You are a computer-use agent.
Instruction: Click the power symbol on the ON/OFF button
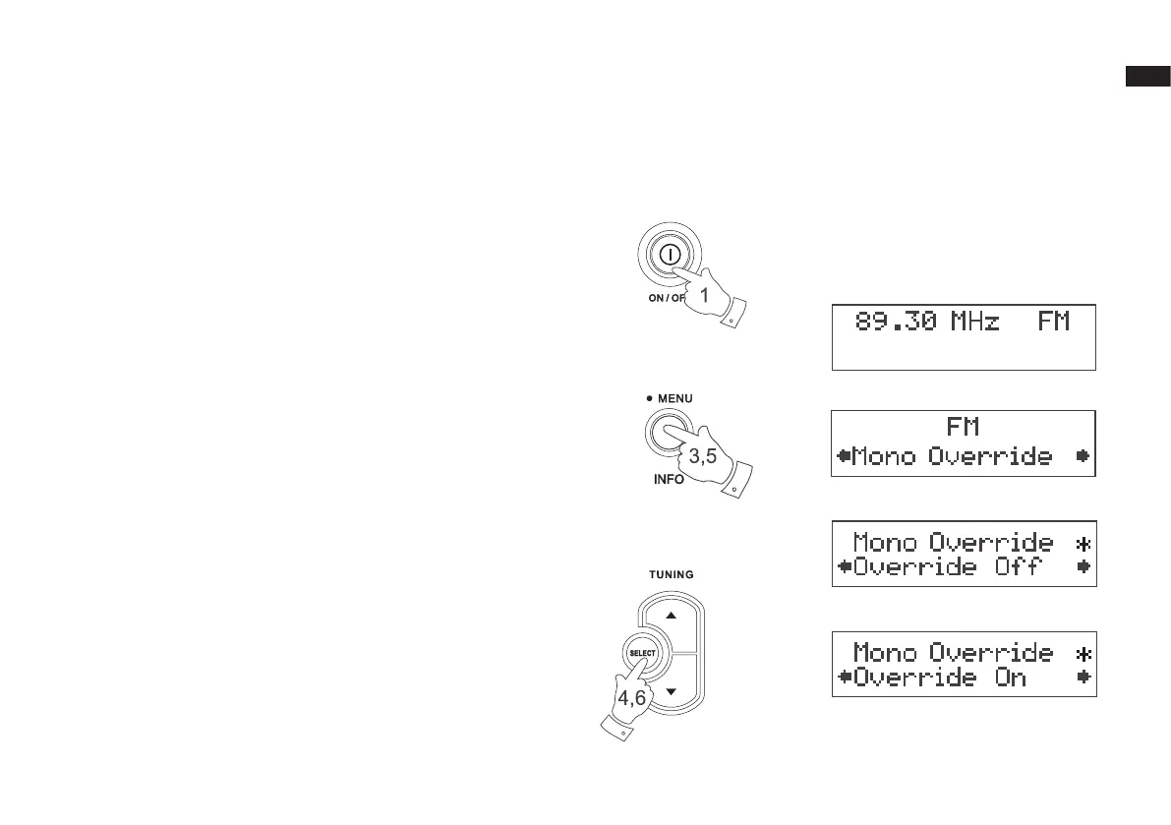tap(669, 254)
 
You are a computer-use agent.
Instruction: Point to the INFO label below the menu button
tap(669, 481)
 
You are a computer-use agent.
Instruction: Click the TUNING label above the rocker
tap(670, 574)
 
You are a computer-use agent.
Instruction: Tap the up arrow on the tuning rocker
tap(672, 615)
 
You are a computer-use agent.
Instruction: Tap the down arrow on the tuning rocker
tap(672, 691)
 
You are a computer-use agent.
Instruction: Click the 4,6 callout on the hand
tap(631, 697)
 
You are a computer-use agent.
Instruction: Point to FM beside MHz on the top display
tap(1053, 322)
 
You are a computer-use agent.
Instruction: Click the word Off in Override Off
tap(1003, 567)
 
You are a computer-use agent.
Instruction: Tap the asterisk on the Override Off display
tap(1083, 543)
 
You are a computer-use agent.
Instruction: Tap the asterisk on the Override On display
tap(1083, 653)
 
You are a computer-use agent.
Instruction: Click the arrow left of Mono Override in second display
tap(843, 456)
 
